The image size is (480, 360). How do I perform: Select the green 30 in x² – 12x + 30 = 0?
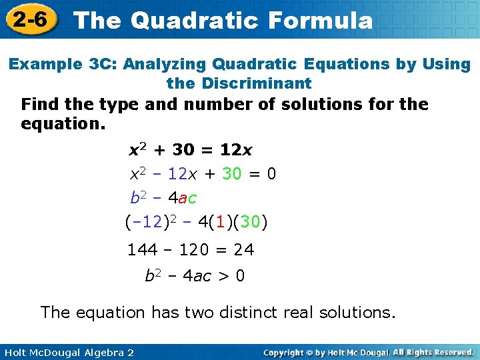231,174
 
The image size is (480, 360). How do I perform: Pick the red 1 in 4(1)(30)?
221,222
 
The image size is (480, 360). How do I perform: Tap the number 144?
143,250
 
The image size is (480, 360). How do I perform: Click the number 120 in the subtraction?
194,250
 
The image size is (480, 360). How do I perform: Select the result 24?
243,250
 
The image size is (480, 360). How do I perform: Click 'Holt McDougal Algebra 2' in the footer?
67,351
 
